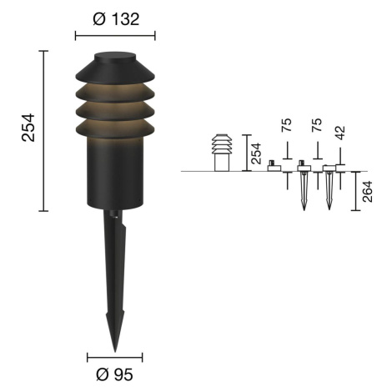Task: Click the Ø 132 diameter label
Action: [x=116, y=19]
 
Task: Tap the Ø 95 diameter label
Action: [x=114, y=374]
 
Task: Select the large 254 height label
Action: [x=28, y=128]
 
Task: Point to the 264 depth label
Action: [x=367, y=191]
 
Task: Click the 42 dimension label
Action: [x=340, y=133]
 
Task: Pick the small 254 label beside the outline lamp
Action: [x=257, y=153]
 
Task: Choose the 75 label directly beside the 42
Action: [x=317, y=125]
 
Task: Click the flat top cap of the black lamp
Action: [x=115, y=57]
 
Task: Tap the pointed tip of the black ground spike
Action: [x=115, y=351]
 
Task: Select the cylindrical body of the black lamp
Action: [x=115, y=173]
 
